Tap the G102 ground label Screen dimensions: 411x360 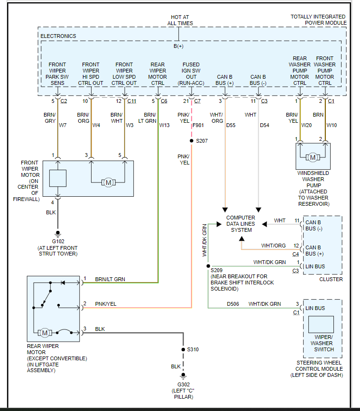(58, 241)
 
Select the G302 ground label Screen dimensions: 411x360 (184, 384)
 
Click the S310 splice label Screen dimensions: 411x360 (193, 349)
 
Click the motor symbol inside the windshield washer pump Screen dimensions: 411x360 (313, 157)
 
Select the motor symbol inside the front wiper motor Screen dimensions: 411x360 (108, 182)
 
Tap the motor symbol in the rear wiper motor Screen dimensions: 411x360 (45, 332)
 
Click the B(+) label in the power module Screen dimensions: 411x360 (178, 46)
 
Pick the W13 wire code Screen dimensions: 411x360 (165, 125)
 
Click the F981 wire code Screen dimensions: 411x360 (199, 125)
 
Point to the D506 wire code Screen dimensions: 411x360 (232, 304)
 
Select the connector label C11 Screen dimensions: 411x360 (131, 101)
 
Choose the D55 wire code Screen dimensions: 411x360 (231, 125)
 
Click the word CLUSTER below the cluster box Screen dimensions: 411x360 (331, 279)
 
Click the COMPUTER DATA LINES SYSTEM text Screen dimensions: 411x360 (240, 224)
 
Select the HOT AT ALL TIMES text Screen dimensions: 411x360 (180, 20)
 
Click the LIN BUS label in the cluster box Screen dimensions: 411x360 (315, 266)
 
